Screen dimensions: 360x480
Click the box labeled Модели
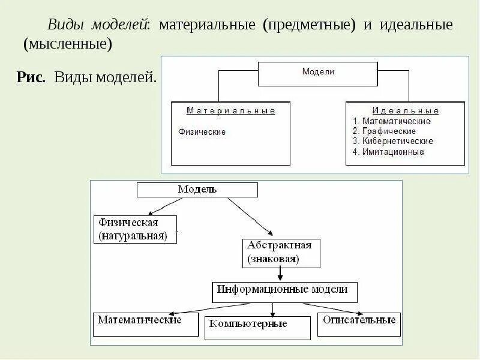tap(317, 73)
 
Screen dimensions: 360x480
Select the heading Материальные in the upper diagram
tap(230, 111)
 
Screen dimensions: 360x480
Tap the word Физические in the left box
tap(202, 132)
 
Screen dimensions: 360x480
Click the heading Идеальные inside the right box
tap(406, 111)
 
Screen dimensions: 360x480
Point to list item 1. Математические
tap(391, 121)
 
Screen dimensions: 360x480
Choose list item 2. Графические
tap(384, 131)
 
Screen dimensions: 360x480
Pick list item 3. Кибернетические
tap(393, 142)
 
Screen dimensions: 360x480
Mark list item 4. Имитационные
tap(388, 152)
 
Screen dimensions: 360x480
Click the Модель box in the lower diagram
tap(197, 190)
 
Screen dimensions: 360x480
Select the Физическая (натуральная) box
tap(136, 229)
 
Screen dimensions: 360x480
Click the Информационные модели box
tap(285, 292)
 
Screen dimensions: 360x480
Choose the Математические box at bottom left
tap(146, 323)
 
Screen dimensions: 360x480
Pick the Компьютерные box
tap(257, 328)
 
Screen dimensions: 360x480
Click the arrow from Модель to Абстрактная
tap(249, 217)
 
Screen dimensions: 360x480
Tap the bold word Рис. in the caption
tap(32, 77)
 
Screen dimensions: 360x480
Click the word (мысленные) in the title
tap(68, 44)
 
